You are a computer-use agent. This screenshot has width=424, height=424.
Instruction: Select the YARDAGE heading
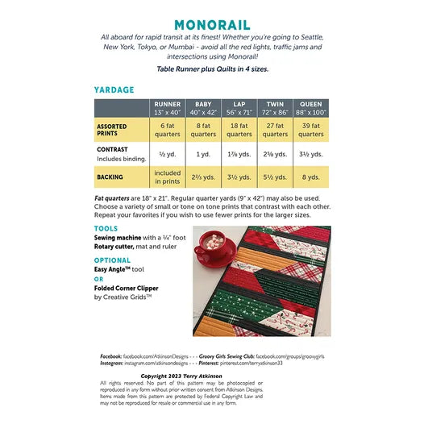click(114, 90)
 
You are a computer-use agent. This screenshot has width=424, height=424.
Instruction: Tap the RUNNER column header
click(167, 108)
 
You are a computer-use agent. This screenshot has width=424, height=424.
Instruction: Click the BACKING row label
click(111, 176)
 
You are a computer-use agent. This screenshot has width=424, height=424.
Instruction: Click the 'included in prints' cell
click(167, 177)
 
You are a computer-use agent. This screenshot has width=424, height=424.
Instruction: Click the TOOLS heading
click(106, 228)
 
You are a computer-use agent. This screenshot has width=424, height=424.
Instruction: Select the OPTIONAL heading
click(112, 260)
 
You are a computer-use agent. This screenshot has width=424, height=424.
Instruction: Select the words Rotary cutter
click(117, 247)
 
